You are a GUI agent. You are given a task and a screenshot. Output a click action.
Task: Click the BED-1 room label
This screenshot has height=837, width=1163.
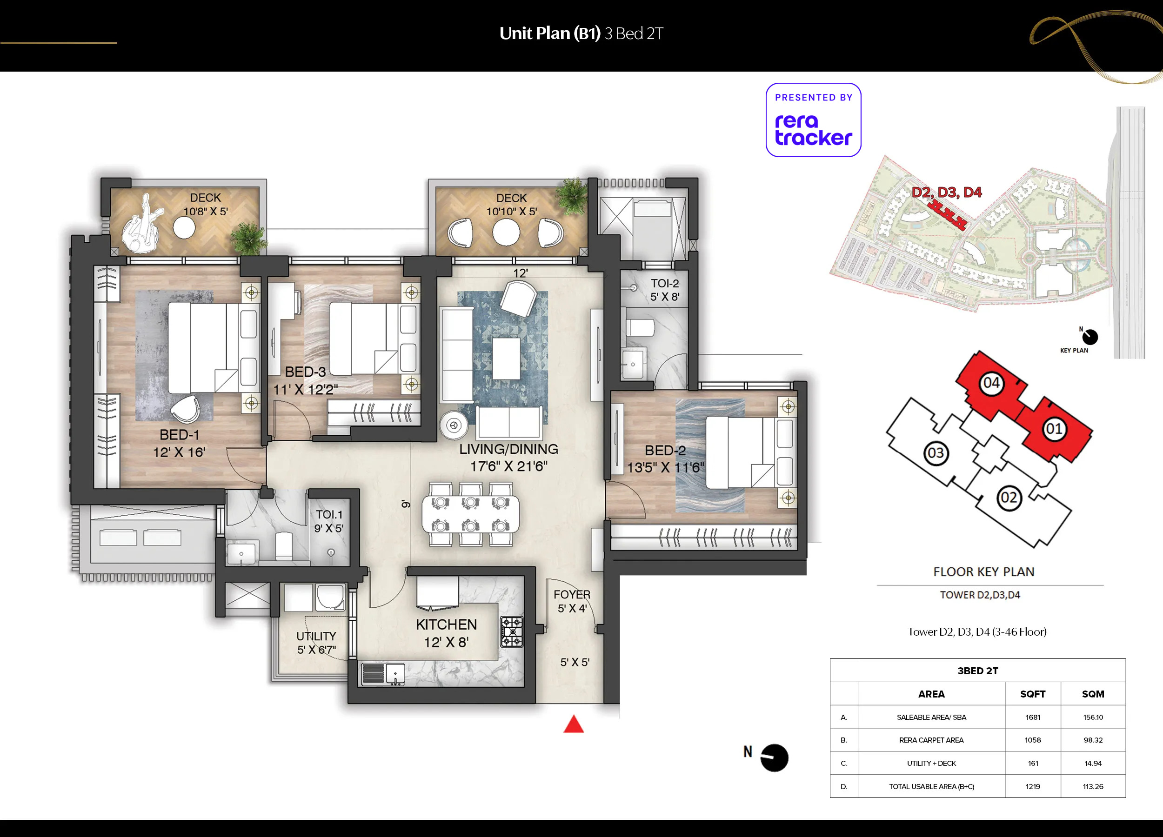click(179, 435)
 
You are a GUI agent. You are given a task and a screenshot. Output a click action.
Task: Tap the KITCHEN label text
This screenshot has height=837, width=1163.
click(446, 624)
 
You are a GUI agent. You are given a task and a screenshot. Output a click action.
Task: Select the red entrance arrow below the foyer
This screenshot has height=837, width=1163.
click(573, 724)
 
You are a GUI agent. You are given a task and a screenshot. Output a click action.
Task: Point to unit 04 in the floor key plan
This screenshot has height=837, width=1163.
click(991, 382)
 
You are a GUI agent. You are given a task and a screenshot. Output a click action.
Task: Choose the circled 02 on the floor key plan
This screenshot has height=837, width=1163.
click(1009, 498)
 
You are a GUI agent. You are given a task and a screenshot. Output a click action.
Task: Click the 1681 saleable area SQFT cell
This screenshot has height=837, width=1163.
click(1033, 717)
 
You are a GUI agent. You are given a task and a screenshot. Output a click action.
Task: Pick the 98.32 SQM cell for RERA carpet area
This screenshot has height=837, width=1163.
click(1093, 740)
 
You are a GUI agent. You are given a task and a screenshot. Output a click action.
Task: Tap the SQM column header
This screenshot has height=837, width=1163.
click(1093, 694)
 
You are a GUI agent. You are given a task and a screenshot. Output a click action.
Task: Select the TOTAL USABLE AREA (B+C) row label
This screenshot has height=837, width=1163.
click(931, 786)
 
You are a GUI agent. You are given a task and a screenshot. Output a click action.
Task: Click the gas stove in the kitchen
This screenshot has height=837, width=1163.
click(512, 631)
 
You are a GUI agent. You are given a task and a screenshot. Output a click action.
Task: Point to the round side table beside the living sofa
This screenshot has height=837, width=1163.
click(453, 425)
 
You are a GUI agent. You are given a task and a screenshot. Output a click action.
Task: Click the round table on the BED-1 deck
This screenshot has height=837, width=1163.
click(184, 228)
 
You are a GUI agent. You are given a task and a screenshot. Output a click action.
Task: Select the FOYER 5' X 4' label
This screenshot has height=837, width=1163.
click(572, 601)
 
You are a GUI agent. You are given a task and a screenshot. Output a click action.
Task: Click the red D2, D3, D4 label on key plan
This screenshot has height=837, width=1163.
click(947, 193)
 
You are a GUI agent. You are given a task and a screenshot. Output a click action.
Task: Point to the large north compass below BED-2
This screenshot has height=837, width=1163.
click(774, 757)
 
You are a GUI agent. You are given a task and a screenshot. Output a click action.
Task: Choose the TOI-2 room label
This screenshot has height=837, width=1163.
click(665, 284)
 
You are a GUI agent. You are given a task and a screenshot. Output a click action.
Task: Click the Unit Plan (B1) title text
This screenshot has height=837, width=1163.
click(550, 34)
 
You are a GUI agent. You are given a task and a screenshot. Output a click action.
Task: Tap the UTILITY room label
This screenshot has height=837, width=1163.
click(316, 636)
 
